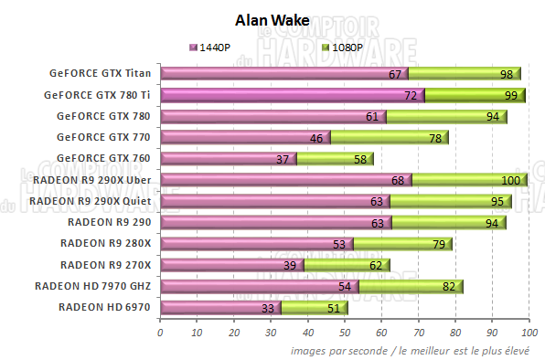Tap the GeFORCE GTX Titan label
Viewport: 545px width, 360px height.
point(102,74)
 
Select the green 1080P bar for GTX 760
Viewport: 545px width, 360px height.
point(334,159)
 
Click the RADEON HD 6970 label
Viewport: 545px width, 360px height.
point(105,307)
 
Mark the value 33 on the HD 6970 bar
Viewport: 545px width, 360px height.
point(269,309)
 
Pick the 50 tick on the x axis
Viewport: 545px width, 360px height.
point(345,333)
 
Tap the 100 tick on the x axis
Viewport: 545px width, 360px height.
point(529,333)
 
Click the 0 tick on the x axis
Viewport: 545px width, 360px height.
point(161,333)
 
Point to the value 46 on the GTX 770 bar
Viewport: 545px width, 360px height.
point(317,138)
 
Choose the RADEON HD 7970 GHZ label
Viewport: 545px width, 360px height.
point(93,286)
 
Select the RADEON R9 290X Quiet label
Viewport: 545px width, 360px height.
point(91,201)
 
